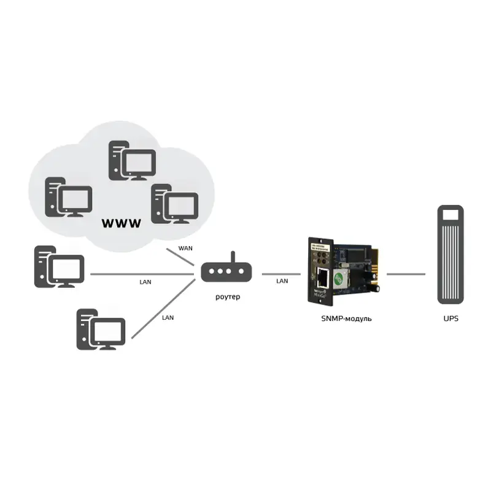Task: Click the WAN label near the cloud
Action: pyautogui.click(x=185, y=248)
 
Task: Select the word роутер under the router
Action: pyautogui.click(x=228, y=297)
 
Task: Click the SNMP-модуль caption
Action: pyautogui.click(x=346, y=319)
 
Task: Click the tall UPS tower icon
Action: pyautogui.click(x=450, y=255)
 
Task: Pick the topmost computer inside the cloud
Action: pyautogui.click(x=132, y=161)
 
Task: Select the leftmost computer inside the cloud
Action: pyautogui.click(x=68, y=197)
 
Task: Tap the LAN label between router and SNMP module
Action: pyautogui.click(x=282, y=281)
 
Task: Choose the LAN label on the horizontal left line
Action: pyautogui.click(x=145, y=282)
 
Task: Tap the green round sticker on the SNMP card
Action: pyautogui.click(x=338, y=276)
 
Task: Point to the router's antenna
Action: pyautogui.click(x=232, y=258)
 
